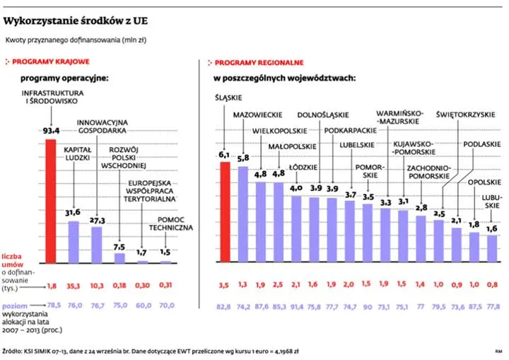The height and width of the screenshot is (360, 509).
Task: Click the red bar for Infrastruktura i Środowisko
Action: click(50, 201)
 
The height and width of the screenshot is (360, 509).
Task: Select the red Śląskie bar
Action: click(225, 212)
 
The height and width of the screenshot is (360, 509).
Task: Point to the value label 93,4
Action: click(51, 130)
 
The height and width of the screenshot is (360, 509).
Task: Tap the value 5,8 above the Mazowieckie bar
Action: click(243, 158)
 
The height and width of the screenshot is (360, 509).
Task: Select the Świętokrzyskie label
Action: click(462, 113)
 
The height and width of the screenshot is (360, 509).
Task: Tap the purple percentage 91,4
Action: click(296, 307)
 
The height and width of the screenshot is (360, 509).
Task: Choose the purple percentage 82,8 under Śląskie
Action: click(225, 307)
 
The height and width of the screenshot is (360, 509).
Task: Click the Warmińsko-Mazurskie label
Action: click(399, 117)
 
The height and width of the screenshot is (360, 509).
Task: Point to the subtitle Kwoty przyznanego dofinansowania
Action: click(76, 40)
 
